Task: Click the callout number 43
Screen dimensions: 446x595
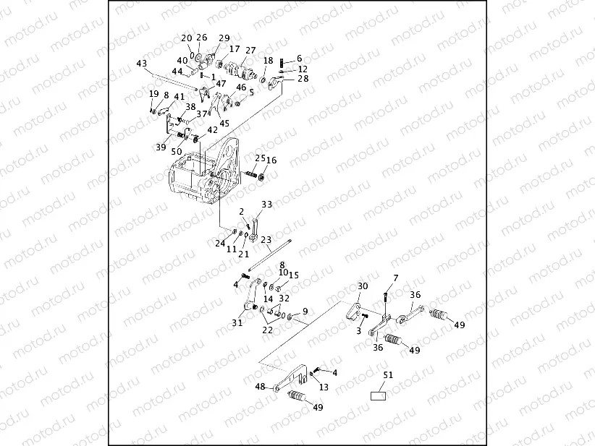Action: (141, 64)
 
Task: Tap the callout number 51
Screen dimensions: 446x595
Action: (388, 374)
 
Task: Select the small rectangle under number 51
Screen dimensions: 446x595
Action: (377, 396)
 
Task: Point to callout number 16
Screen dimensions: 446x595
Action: (271, 160)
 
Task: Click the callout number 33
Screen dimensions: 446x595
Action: (267, 205)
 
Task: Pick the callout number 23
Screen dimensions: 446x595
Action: (266, 239)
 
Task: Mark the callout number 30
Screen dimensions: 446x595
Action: (363, 286)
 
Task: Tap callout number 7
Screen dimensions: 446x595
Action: (395, 278)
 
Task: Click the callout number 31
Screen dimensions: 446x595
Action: (237, 323)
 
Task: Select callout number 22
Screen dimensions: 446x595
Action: (268, 330)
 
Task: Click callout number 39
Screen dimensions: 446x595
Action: (161, 147)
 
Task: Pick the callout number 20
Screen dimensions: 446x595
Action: (187, 38)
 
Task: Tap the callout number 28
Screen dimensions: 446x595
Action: (303, 79)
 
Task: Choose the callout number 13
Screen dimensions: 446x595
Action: (323, 387)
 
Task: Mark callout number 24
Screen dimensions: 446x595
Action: (220, 244)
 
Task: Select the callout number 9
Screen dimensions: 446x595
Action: (305, 312)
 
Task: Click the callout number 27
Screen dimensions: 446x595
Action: (250, 51)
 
